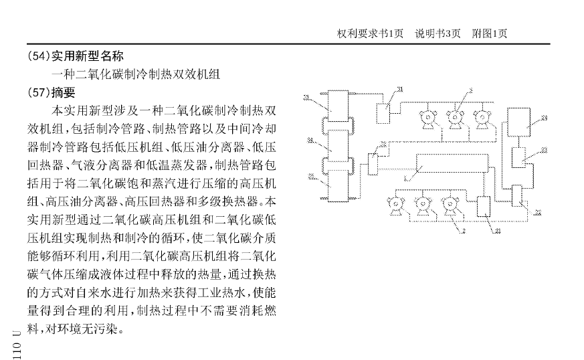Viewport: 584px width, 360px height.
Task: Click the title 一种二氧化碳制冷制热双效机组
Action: tap(136, 74)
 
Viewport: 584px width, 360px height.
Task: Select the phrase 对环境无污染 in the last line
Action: tap(81, 329)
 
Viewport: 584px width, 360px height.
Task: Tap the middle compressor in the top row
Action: tap(458, 118)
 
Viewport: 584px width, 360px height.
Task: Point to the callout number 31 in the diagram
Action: tap(399, 89)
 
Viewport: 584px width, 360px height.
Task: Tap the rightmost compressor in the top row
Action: tap(483, 118)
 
